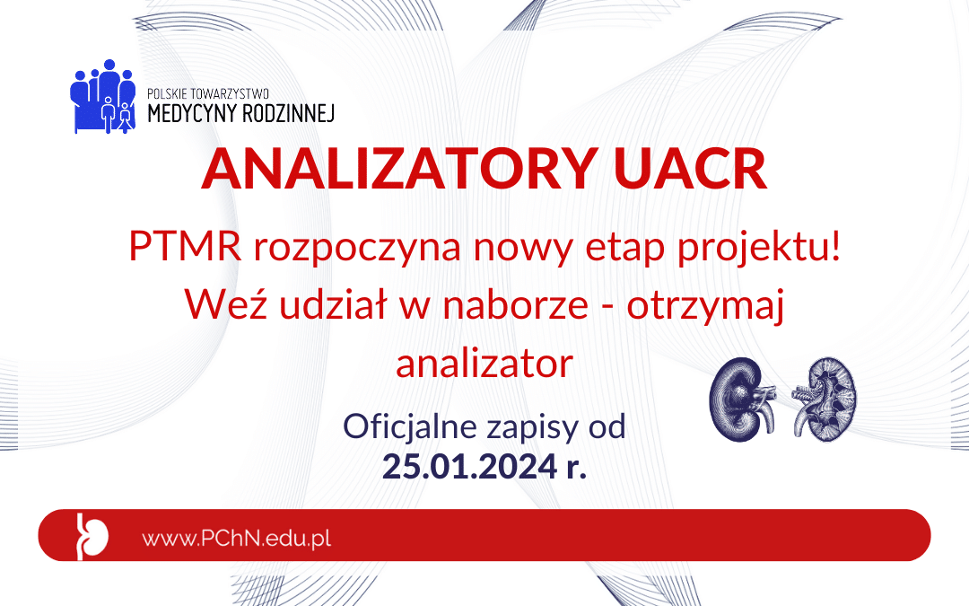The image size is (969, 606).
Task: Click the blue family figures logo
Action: (x=102, y=96)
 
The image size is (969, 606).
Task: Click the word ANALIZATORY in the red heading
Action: (x=399, y=169)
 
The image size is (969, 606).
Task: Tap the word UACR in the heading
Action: (x=690, y=169)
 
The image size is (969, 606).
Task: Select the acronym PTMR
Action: (x=185, y=245)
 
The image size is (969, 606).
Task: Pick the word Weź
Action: (x=225, y=303)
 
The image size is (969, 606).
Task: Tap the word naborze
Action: (x=515, y=303)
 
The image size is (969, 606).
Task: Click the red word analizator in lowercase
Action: (x=484, y=363)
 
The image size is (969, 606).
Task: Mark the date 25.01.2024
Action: (x=469, y=466)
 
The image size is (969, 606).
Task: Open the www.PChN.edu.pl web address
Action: (x=237, y=538)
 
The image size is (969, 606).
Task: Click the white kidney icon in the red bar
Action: (x=92, y=536)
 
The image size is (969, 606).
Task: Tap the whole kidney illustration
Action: (x=742, y=400)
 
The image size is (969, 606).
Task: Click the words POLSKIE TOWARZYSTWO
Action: (x=208, y=94)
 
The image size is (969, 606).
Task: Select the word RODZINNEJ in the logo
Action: (x=288, y=114)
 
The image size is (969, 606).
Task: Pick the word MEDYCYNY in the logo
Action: (x=192, y=114)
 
